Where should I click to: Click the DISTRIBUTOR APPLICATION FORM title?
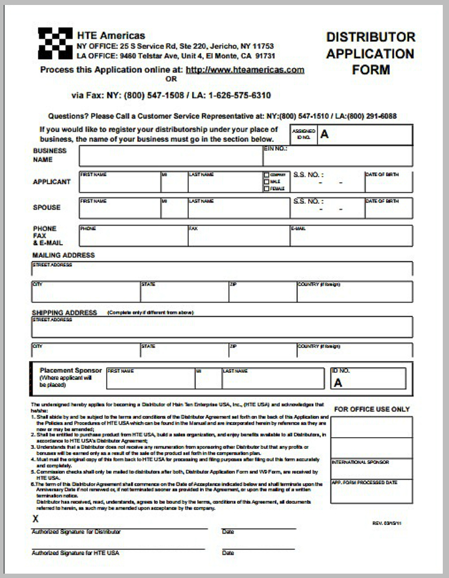click(370, 54)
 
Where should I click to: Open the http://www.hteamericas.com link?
click(245, 70)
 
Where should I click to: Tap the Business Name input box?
click(170, 156)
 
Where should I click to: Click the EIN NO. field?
click(337, 156)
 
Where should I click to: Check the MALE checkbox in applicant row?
click(266, 181)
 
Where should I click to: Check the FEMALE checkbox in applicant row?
click(266, 188)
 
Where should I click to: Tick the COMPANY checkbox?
click(266, 175)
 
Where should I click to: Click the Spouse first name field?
click(119, 208)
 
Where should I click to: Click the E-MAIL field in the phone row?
click(350, 236)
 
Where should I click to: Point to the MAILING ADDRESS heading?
click(64, 255)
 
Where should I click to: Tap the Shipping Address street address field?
click(221, 327)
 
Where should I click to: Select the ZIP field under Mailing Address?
click(262, 292)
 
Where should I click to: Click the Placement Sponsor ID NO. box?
click(368, 378)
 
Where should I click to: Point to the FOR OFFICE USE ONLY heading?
click(372, 409)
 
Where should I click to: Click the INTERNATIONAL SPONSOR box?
click(371, 469)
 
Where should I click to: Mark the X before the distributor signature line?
click(36, 519)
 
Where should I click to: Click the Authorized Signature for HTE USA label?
click(75, 553)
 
